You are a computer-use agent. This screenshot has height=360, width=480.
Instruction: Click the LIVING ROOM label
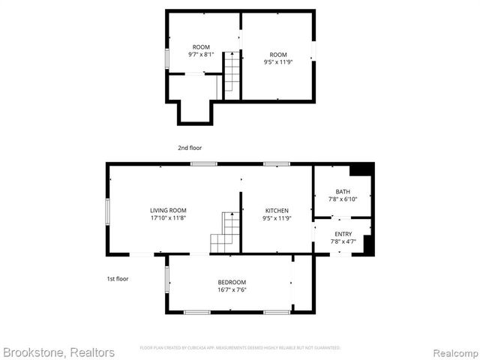(168, 211)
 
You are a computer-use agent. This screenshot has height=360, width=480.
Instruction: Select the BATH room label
(343, 192)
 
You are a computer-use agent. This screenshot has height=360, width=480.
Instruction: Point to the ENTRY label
(343, 234)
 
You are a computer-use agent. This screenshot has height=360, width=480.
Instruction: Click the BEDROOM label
(232, 282)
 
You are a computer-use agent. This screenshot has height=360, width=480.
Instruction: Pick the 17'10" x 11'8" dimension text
(168, 218)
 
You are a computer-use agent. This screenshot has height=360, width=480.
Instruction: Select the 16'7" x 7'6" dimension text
(232, 289)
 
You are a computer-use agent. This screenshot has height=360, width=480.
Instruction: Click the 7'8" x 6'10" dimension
(343, 199)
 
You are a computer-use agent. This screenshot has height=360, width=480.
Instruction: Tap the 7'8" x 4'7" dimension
(343, 241)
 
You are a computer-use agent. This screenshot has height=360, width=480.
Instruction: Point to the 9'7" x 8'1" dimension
(201, 55)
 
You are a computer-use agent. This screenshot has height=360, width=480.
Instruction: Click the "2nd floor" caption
(190, 148)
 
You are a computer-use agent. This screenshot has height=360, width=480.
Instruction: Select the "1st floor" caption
(117, 279)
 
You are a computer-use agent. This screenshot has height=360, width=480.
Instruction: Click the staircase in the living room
(225, 233)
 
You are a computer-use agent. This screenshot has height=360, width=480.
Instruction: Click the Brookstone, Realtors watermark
(58, 352)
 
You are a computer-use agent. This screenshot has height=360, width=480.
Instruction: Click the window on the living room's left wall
(108, 211)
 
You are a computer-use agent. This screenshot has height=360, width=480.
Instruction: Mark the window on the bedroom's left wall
(166, 279)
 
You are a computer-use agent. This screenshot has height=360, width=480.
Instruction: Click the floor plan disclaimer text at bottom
(240, 348)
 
